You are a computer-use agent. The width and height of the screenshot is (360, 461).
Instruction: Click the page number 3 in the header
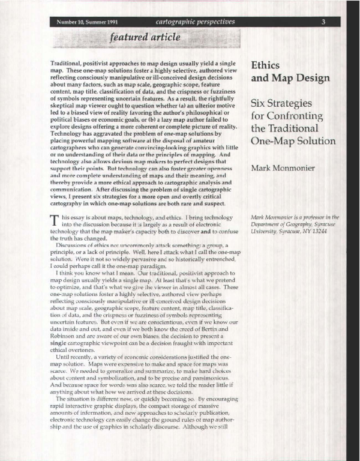coord(323,22)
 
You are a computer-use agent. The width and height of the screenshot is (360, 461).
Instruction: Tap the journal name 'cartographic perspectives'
coord(186,22)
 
